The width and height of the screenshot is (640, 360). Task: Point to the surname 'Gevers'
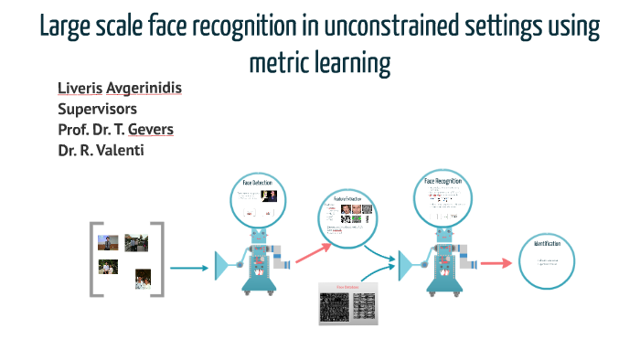(149, 129)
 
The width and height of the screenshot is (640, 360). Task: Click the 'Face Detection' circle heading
(257, 184)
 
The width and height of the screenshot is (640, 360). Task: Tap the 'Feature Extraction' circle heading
(347, 198)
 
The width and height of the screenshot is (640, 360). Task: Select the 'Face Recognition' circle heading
(443, 181)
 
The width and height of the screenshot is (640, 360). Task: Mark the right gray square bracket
(157, 259)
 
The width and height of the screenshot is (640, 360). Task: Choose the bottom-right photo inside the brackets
(143, 276)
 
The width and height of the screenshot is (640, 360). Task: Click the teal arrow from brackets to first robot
(189, 268)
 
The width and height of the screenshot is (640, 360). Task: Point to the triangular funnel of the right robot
(408, 266)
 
